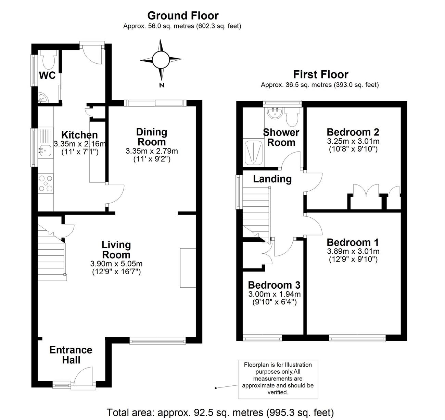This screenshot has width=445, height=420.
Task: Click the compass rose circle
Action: [161, 60]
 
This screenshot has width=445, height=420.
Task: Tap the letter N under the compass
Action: [162, 85]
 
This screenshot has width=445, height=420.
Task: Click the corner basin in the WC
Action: [42, 98]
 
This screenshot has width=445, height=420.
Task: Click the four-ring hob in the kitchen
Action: [46, 183]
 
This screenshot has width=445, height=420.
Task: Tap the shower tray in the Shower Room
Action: [254, 153]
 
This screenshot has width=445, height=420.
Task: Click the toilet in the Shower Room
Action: [292, 117]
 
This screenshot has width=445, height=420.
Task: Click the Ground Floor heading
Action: [183, 16]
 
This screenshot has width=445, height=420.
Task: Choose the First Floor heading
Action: [321, 74]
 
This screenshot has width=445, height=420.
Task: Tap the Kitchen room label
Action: [79, 135]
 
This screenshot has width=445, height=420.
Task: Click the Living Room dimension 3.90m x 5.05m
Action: [116, 263]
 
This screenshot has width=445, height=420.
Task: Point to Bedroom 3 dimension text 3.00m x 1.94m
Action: [275, 294]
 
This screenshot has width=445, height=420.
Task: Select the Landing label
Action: [272, 179]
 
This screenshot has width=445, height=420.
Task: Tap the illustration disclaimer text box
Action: [278, 379]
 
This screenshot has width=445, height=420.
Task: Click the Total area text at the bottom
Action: [220, 412]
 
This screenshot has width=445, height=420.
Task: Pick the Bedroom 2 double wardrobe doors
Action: [366, 190]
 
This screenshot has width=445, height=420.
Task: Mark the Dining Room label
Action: [152, 137]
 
